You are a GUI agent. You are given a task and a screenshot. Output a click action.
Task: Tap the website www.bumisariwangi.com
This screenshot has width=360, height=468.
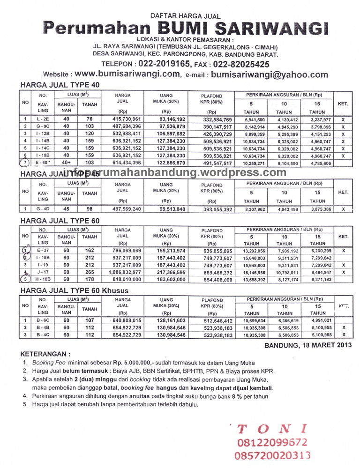[x=127, y=74]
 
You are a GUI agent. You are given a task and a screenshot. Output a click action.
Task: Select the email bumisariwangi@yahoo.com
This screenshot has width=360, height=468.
[x=270, y=74]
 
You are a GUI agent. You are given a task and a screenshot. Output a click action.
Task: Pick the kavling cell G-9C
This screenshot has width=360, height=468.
[x=43, y=126]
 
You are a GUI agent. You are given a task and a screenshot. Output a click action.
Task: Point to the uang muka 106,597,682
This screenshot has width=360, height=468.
[x=166, y=134]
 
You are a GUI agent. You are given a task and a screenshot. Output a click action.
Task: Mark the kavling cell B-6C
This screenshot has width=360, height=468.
[x=43, y=320]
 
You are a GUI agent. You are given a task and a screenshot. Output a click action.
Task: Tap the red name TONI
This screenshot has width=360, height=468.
[x=272, y=429]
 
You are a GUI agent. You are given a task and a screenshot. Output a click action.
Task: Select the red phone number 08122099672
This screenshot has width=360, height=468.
[x=272, y=442]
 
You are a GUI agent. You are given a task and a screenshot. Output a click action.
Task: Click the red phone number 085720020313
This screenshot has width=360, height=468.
[x=274, y=455]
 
